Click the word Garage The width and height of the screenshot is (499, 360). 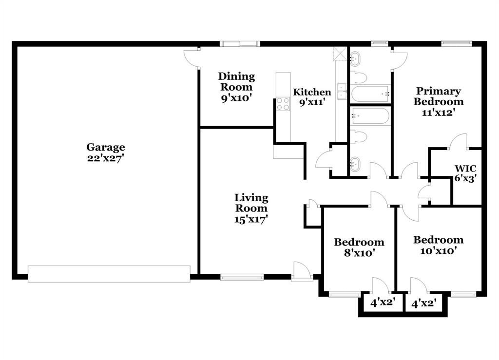click(x=106, y=147)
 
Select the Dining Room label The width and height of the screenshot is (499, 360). click(x=236, y=81)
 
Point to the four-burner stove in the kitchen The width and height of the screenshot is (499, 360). click(x=283, y=104)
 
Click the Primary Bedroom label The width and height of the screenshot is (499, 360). click(x=439, y=96)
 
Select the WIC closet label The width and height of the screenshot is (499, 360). click(x=465, y=169)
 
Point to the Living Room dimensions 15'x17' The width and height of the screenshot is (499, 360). click(x=251, y=219)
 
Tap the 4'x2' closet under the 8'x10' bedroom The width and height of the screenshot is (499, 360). click(x=382, y=303)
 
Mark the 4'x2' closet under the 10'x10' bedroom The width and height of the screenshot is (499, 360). click(x=423, y=303)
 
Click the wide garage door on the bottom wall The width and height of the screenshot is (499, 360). click(x=109, y=274)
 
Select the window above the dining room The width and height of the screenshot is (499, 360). click(x=240, y=44)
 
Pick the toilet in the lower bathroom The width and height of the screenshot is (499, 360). click(x=359, y=137)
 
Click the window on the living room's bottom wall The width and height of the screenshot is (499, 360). click(x=242, y=277)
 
